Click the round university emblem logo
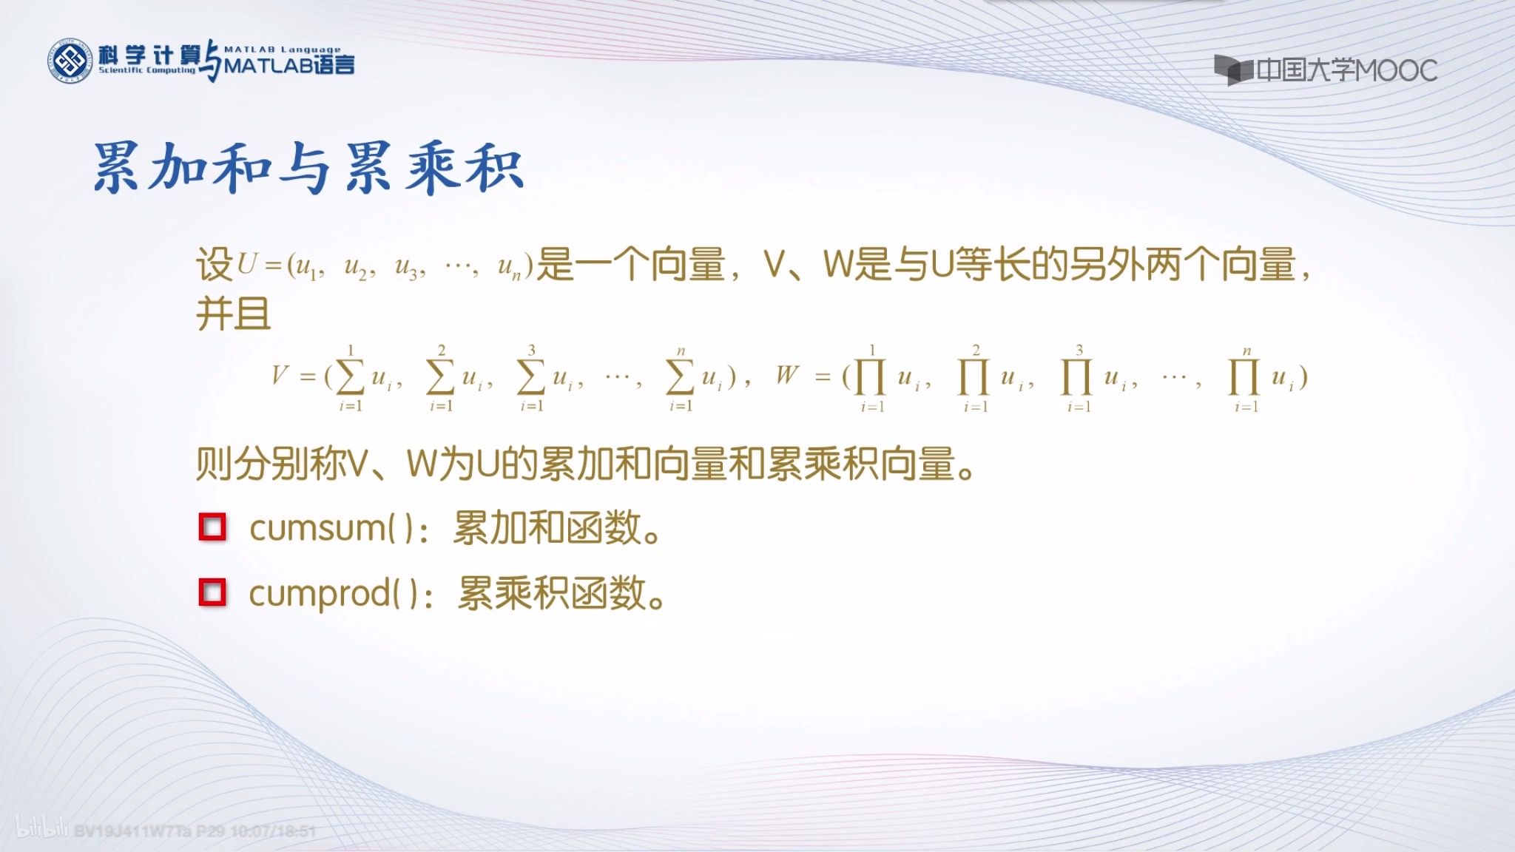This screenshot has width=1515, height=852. point(70,61)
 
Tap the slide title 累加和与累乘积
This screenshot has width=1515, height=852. point(308,168)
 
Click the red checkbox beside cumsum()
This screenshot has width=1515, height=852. point(212,527)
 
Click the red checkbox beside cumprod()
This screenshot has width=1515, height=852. point(212,592)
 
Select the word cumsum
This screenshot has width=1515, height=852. point(317,528)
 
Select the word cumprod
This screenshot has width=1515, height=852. point(319,593)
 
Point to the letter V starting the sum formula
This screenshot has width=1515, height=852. point(279,376)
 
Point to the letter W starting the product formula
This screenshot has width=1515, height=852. point(787,375)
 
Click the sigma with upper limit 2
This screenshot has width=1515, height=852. point(441,377)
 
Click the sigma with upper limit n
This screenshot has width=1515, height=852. point(681,377)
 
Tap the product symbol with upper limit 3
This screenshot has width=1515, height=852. point(1077,377)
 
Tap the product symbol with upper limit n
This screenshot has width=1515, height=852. point(1244,377)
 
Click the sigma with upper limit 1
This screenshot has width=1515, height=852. point(350,377)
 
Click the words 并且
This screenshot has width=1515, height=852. point(233,314)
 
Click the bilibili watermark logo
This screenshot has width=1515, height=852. point(41,828)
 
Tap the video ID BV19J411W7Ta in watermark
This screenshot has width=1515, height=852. point(133,831)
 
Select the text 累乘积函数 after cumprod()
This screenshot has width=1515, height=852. point(552,593)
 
